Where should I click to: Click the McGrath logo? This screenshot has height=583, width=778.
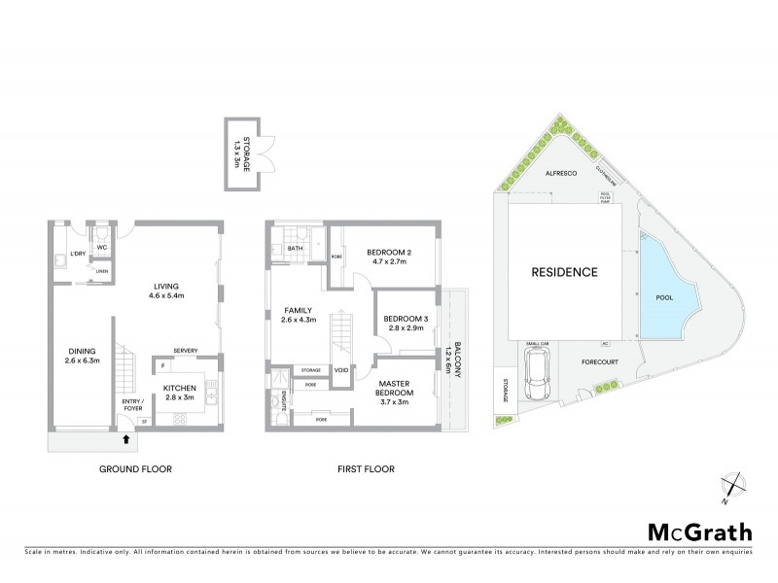tap(698, 532)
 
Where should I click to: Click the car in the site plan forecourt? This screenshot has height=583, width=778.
tap(537, 376)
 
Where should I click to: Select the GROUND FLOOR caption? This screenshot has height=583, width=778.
tap(135, 469)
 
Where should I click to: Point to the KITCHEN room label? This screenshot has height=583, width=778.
tap(180, 393)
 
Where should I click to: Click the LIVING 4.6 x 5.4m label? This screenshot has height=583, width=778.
tap(168, 291)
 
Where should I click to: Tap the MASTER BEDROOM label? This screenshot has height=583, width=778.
tap(398, 393)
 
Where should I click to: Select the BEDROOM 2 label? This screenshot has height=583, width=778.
tap(389, 257)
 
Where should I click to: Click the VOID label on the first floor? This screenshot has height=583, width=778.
tap(341, 370)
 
